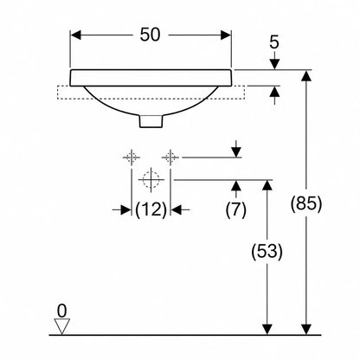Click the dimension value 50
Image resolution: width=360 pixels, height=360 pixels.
[x=150, y=35]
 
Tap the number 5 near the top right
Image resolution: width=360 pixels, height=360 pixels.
[x=274, y=42]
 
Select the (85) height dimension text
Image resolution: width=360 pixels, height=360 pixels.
[x=305, y=203]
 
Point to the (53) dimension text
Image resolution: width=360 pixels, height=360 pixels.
[x=267, y=251]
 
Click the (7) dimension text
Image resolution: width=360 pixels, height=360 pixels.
[x=236, y=209]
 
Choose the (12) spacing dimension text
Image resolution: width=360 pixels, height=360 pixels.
[x=151, y=209]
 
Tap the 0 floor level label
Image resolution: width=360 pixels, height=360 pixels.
[x=61, y=311]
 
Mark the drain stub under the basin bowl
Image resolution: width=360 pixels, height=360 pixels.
[x=151, y=121]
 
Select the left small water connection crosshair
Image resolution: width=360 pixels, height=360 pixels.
[x=132, y=157]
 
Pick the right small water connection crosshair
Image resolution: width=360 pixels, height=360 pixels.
[x=170, y=157]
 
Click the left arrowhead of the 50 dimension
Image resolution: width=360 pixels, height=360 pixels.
[x=75, y=35]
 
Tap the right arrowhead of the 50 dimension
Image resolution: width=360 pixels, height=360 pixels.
[x=226, y=35]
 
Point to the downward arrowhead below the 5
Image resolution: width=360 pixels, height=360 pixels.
[x=274, y=64]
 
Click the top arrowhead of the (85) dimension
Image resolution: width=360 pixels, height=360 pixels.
[x=306, y=75]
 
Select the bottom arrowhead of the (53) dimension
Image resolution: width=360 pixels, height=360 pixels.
[x=267, y=330]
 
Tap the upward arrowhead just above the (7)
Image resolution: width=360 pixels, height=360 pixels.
[x=236, y=185]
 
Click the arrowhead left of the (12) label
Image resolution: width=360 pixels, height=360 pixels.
[x=126, y=209]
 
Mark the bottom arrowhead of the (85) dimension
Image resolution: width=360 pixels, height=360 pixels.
[x=306, y=330]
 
